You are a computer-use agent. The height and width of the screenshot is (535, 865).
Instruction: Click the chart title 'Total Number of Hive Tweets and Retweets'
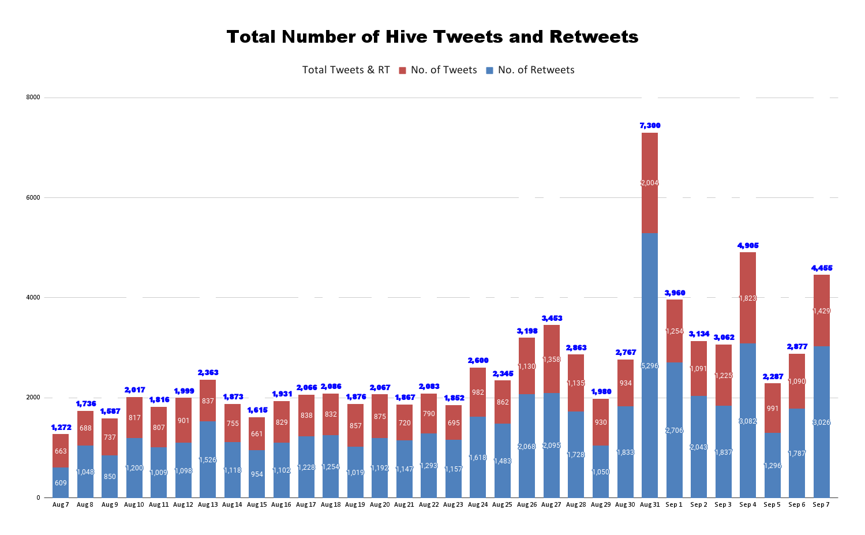432,37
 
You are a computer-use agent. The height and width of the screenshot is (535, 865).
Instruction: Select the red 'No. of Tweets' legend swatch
402,70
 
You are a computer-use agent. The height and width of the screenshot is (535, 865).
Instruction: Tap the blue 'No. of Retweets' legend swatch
489,70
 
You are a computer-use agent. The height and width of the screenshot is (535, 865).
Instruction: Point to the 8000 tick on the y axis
33,98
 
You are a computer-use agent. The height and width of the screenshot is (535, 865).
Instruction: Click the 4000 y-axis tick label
33,298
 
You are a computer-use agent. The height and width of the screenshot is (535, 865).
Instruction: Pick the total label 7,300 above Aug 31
650,126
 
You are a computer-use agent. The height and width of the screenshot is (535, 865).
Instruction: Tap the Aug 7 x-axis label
61,505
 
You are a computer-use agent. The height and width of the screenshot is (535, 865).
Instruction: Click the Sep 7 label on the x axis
821,505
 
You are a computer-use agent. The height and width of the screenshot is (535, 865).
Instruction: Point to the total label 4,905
748,246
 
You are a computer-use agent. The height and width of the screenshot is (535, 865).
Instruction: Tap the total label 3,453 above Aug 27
552,319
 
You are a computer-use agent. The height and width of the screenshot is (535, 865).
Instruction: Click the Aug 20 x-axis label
380,505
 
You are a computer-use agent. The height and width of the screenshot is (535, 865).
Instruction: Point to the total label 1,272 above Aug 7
61,428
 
